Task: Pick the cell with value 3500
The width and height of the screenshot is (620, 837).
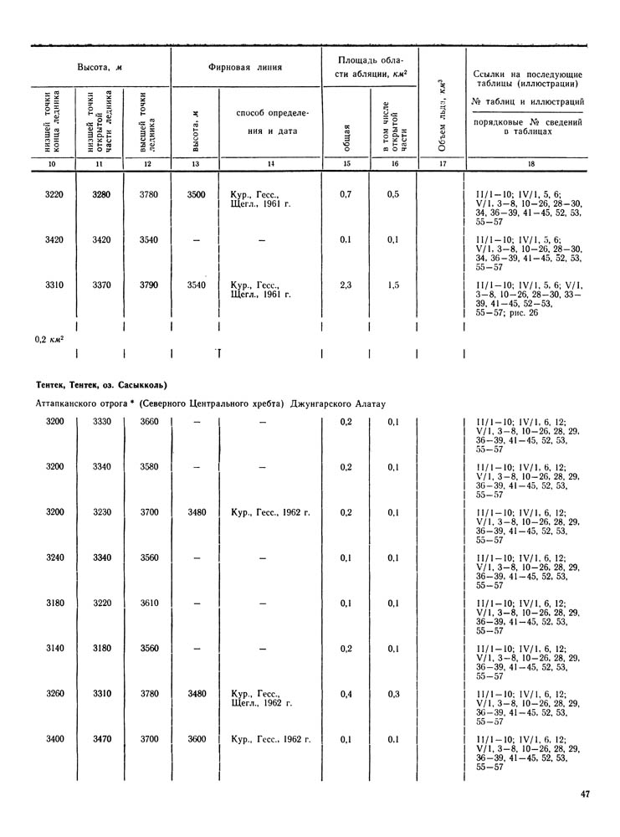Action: [x=196, y=195]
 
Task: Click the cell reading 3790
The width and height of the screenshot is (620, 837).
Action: [x=147, y=285]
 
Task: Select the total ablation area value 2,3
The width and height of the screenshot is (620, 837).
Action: [x=346, y=285]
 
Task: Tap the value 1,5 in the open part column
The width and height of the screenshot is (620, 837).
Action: [x=393, y=285]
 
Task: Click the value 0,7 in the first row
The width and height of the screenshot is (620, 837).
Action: [x=346, y=195]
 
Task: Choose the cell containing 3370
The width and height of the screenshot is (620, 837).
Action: [x=100, y=285]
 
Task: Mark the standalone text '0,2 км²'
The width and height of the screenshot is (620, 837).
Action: [x=51, y=340]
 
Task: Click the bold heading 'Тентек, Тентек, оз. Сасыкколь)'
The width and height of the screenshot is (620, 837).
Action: [x=102, y=385]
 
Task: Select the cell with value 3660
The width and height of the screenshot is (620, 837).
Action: [x=147, y=421]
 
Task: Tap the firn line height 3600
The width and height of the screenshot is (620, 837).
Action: [x=196, y=739]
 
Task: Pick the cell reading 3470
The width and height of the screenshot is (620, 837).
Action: [x=100, y=739]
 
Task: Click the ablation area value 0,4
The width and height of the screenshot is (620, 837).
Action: [x=346, y=694]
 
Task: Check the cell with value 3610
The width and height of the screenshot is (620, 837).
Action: [x=147, y=603]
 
